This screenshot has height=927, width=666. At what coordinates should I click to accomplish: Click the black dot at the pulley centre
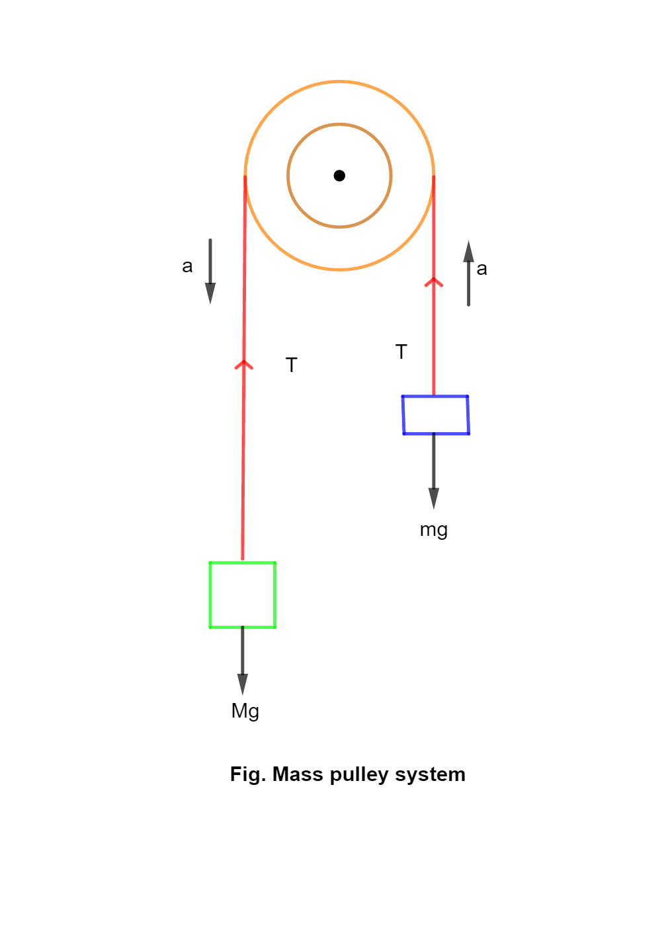click(x=339, y=175)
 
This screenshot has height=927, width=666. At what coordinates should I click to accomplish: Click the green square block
click(x=243, y=595)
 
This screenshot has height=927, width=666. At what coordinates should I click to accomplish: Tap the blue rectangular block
click(x=436, y=415)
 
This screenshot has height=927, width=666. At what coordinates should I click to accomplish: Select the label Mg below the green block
click(x=245, y=711)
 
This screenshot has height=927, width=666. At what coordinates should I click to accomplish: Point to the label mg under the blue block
click(x=434, y=530)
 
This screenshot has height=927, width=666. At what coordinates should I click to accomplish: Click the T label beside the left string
click(x=292, y=365)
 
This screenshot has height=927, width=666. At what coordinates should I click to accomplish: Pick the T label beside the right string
click(x=401, y=352)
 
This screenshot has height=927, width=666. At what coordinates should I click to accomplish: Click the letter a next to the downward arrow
click(x=187, y=266)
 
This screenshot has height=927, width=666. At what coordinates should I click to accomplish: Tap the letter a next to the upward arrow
click(x=481, y=269)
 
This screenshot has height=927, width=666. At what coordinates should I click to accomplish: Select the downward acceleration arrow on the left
click(x=210, y=271)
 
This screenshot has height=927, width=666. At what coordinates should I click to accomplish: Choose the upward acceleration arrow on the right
click(x=468, y=274)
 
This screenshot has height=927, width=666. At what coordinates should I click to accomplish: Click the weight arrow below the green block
click(x=243, y=661)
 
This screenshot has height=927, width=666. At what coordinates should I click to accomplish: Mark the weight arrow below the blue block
click(x=434, y=470)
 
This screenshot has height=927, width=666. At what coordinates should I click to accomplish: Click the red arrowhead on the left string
click(x=244, y=364)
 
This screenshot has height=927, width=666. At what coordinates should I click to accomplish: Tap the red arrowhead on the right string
click(x=434, y=282)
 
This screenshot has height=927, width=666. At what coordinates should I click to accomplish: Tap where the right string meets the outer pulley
click(x=434, y=176)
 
